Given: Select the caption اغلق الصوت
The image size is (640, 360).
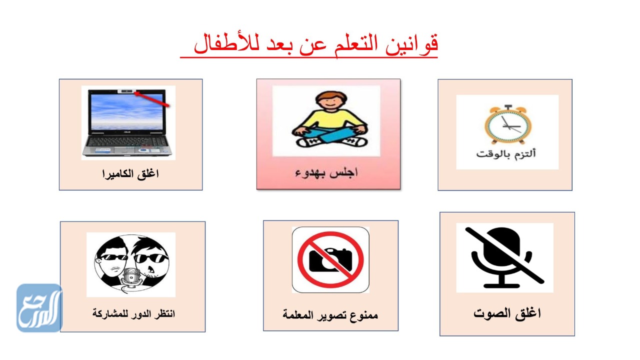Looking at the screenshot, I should tap(507, 313).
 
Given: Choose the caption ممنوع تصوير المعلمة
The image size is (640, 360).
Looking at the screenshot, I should tap(330, 315).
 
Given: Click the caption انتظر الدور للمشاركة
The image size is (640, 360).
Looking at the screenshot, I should tap(133, 314).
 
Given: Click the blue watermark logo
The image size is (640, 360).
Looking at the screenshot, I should tap(39, 307).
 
